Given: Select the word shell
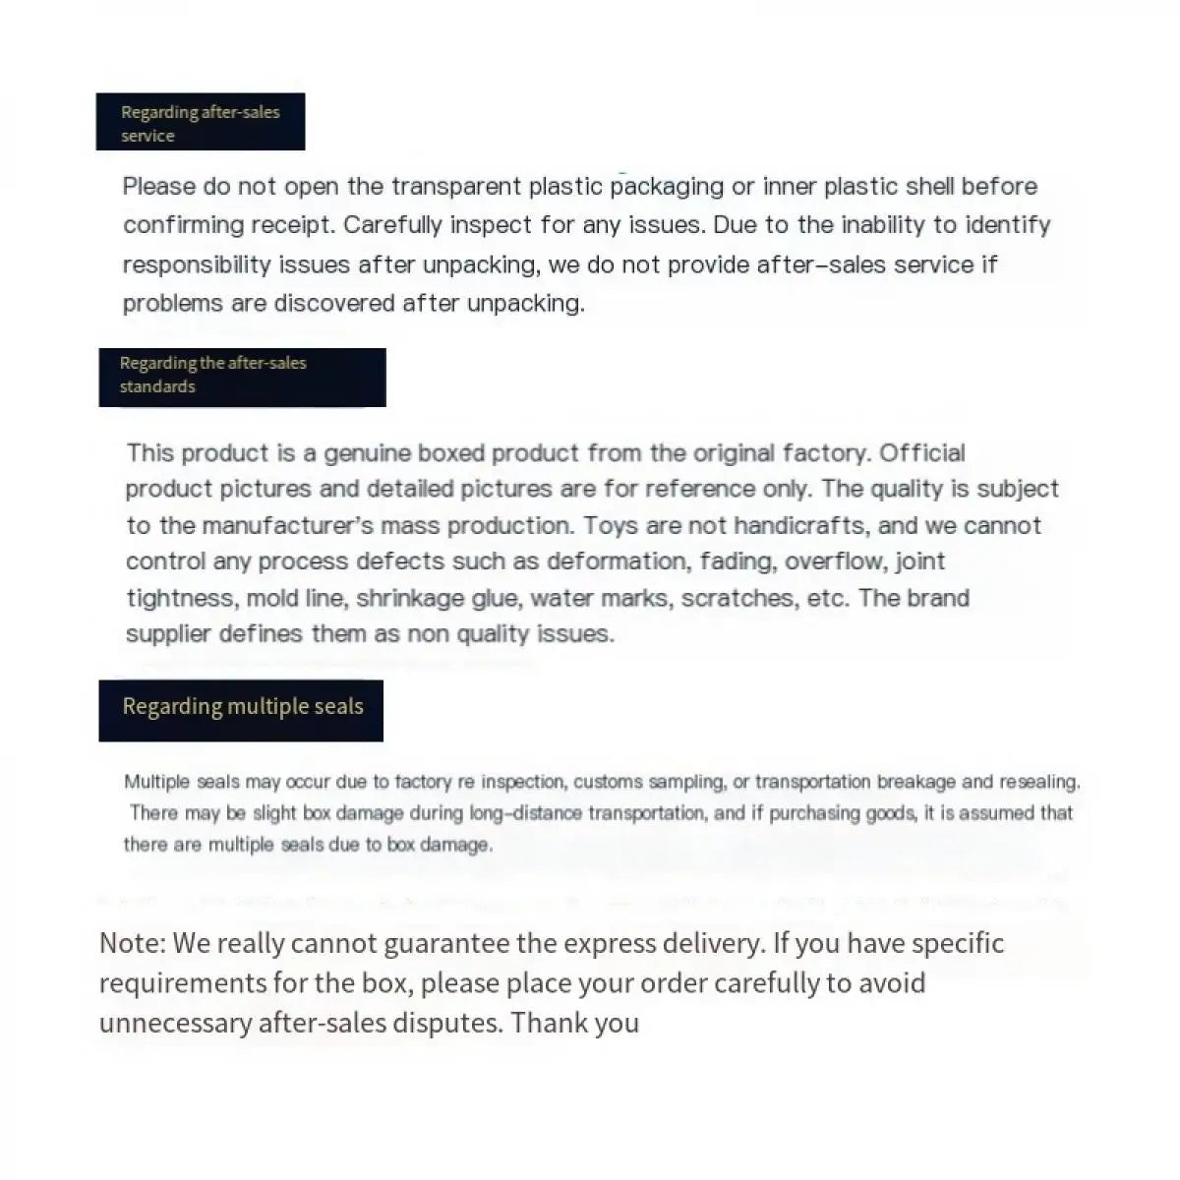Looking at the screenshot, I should pyautogui.click(x=929, y=187).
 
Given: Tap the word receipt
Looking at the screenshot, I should pyautogui.click(x=292, y=225).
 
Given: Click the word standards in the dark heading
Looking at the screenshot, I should pyautogui.click(x=157, y=387).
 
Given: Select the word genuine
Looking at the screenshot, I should pyautogui.click(x=367, y=453).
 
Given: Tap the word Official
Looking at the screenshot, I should pyautogui.click(x=922, y=453).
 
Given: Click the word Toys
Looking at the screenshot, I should pyautogui.click(x=610, y=525).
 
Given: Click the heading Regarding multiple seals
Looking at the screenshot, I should pyautogui.click(x=242, y=707).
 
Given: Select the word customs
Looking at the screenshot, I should pyautogui.click(x=609, y=783).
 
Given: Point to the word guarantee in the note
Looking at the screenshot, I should pyautogui.click(x=445, y=944).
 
